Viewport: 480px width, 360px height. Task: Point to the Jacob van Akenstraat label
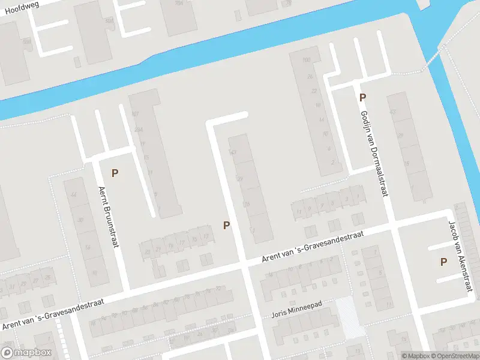pos(457,256)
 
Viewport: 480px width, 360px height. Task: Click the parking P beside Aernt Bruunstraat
pos(115,173)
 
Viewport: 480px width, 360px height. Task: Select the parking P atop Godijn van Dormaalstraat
pos(362,97)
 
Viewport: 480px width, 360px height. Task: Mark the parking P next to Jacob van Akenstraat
pos(443,261)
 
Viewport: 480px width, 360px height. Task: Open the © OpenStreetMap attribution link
pos(455,356)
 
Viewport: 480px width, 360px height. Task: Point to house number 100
pos(307,59)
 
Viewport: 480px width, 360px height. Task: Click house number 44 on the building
pos(74,194)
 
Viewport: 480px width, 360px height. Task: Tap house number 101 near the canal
pos(134,114)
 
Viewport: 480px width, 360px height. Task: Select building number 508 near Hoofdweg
pos(26,41)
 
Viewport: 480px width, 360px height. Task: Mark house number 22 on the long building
pos(314,91)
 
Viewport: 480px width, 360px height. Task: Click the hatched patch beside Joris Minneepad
pos(350,316)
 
